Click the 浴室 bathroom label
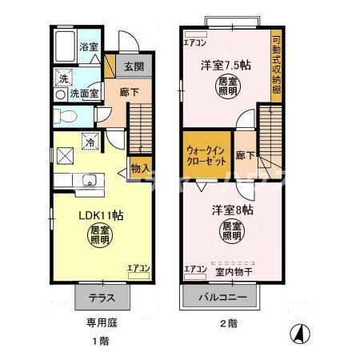(x=88, y=47)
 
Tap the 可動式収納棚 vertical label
(x=276, y=66)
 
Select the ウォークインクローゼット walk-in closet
(x=205, y=155)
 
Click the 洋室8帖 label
(x=233, y=210)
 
